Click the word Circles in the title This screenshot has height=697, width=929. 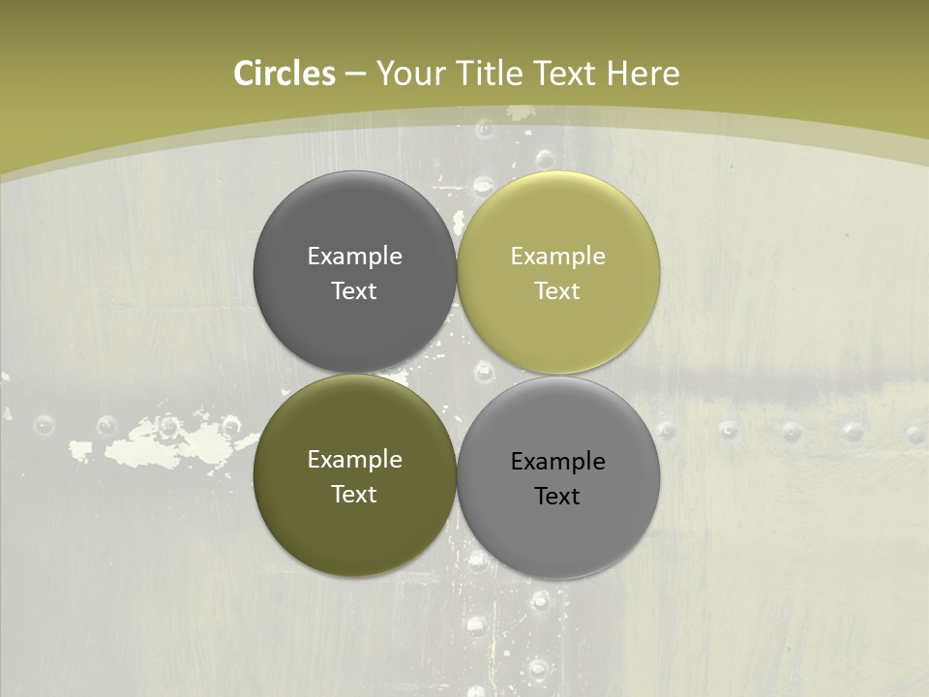[x=284, y=74]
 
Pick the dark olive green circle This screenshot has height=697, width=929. [x=354, y=528]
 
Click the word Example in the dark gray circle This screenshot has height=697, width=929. [x=354, y=257]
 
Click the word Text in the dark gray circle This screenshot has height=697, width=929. [x=354, y=291]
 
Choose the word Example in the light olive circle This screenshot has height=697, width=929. [x=557, y=257]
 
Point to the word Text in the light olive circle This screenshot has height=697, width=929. [x=557, y=291]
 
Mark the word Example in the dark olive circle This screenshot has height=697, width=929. [x=354, y=460]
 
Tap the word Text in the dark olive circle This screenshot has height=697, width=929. [x=354, y=495]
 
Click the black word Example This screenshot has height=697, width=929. [x=557, y=462]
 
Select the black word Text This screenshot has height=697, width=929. [x=557, y=497]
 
